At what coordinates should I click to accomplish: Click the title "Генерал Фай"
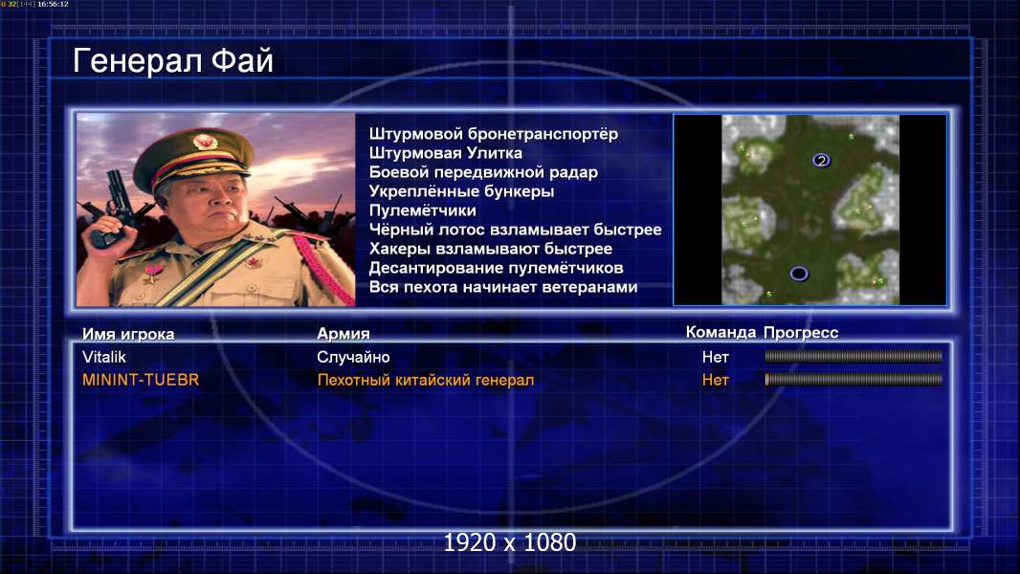tap(173, 61)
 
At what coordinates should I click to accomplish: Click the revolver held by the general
tap(115, 208)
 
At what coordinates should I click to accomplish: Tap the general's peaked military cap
tap(194, 155)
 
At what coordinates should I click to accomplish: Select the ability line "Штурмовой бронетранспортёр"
tap(494, 134)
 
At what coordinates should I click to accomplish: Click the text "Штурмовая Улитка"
tap(446, 153)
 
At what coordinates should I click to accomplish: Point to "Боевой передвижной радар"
tap(483, 172)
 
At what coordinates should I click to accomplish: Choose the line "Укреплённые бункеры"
tap(462, 191)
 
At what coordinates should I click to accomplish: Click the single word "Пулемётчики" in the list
tap(423, 210)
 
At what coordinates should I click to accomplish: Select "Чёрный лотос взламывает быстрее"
tap(515, 230)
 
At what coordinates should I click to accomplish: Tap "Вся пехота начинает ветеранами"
tap(503, 287)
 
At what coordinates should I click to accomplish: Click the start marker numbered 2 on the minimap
tap(821, 161)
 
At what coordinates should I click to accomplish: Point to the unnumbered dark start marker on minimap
tap(799, 274)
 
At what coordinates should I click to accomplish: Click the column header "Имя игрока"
tap(128, 334)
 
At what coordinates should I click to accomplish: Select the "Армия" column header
tap(344, 334)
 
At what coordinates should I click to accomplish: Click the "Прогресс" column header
tap(801, 333)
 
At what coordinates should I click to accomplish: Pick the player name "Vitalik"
tap(104, 357)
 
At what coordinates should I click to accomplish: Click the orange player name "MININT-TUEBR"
tap(141, 380)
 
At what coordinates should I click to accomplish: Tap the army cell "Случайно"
tap(353, 357)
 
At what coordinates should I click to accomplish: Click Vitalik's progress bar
tap(854, 356)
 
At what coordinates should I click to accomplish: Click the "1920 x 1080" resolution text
tap(510, 542)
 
